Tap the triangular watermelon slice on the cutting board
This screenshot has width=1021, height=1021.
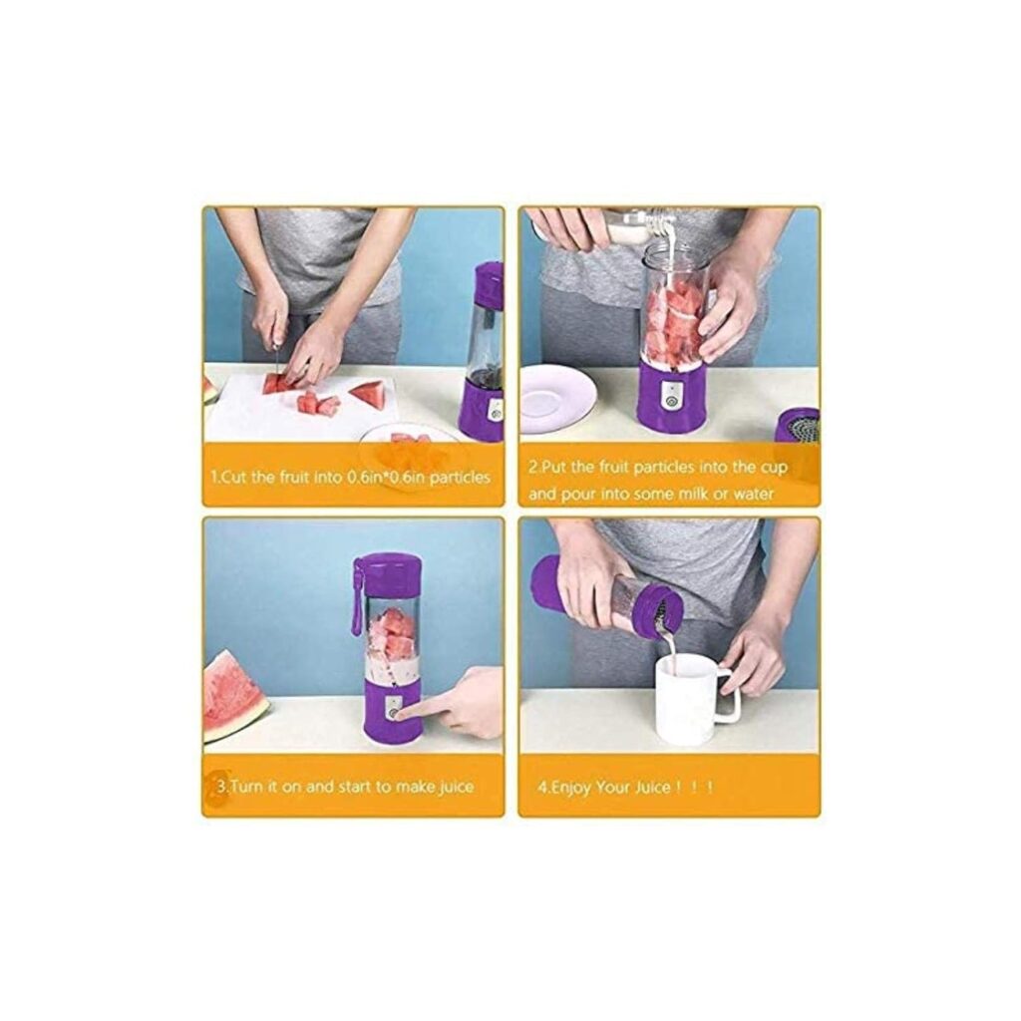click(x=368, y=394)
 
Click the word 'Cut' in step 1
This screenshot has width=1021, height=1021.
click(x=233, y=478)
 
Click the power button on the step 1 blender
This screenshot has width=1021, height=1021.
click(x=495, y=410)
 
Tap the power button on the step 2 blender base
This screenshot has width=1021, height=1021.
click(x=671, y=402)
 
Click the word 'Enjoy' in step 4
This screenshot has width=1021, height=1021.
click(x=574, y=787)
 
